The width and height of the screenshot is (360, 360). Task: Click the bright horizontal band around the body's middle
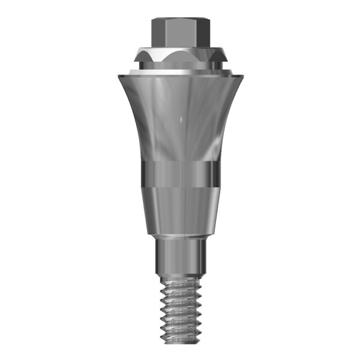(179, 174)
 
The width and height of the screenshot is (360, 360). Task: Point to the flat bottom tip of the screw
(179, 345)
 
